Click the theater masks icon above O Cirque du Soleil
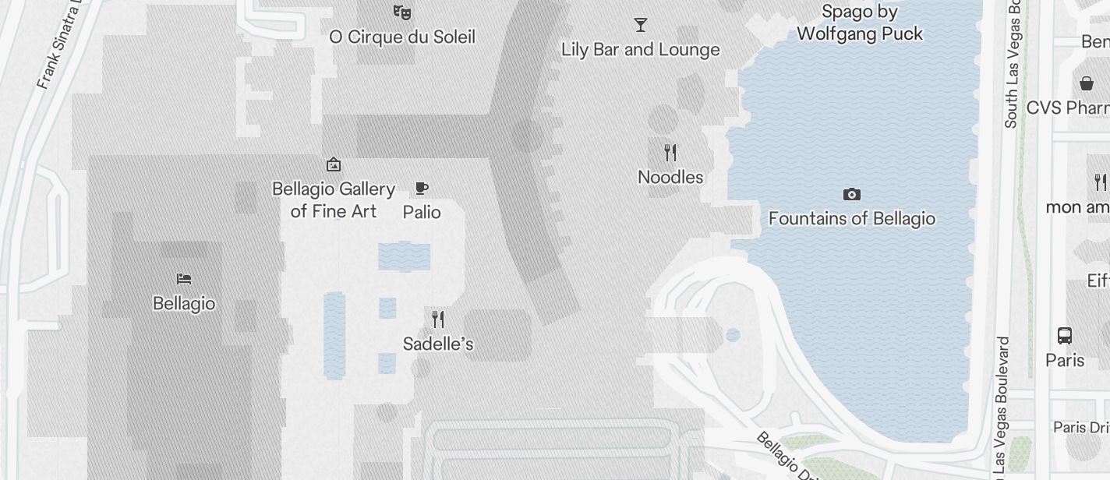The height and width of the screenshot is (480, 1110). click(402, 12)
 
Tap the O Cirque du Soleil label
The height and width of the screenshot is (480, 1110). click(402, 37)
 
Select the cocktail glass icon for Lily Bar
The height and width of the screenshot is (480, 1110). click(641, 25)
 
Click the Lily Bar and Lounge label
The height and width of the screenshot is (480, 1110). click(641, 50)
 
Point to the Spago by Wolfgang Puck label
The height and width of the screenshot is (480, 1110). click(860, 23)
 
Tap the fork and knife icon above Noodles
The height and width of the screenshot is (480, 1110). click(670, 152)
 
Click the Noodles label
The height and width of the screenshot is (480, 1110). click(670, 177)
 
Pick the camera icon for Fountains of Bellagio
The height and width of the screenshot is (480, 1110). click(852, 194)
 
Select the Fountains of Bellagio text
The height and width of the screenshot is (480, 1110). click(852, 218)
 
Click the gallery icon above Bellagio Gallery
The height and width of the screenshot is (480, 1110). click(334, 164)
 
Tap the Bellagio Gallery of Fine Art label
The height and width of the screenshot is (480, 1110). click(334, 200)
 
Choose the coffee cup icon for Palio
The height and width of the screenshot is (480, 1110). click(422, 188)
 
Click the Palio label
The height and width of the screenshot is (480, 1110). click(422, 212)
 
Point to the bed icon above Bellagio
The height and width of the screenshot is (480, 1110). click(184, 278)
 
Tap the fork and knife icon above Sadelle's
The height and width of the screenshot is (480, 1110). click(438, 319)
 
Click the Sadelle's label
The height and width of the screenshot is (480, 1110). click(438, 344)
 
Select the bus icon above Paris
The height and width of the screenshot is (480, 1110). click(1065, 336)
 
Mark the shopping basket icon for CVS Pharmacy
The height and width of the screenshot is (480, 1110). click(1087, 83)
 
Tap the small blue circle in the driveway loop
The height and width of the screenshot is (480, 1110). click(733, 335)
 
